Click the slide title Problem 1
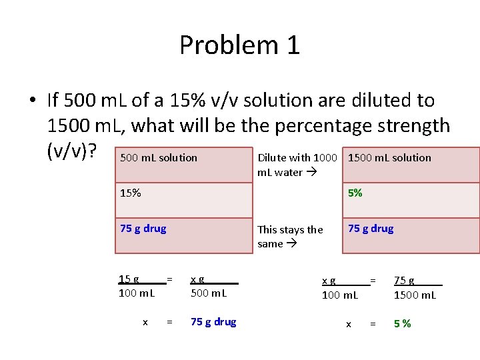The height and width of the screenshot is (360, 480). [x=239, y=45]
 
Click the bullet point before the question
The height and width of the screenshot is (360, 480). [x=32, y=101]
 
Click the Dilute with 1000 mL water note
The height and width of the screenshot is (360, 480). [x=297, y=165]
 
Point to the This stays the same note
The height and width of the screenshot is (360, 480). [x=290, y=236]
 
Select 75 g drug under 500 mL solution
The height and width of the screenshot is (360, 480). [x=143, y=229]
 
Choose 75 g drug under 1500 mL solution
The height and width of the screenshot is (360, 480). [x=371, y=229]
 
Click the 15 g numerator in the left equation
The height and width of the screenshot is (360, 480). [x=129, y=279]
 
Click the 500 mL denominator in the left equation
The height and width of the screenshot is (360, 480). [x=209, y=293]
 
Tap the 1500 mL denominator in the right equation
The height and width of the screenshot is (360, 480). [x=415, y=294]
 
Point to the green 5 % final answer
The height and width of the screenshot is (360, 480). [x=402, y=324]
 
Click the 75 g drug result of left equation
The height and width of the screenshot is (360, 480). [x=213, y=322]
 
